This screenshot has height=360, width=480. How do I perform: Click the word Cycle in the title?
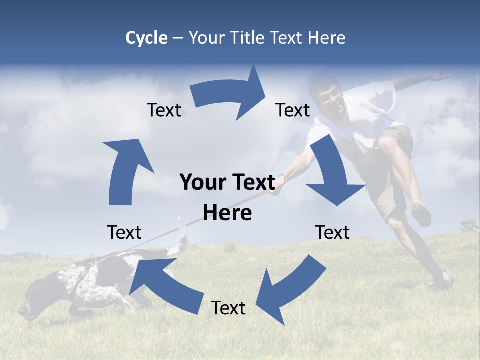coord(146,38)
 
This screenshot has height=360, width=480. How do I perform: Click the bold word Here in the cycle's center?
coord(227,213)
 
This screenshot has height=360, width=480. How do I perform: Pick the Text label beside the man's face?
coord(293,110)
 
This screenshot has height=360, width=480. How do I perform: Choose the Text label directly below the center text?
coord(228,308)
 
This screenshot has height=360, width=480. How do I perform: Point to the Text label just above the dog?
coord(124,232)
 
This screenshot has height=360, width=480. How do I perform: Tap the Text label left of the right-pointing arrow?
coord(164,110)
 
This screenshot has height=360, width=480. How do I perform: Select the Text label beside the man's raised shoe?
coord(332,232)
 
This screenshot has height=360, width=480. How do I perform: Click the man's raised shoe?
coord(421,215)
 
